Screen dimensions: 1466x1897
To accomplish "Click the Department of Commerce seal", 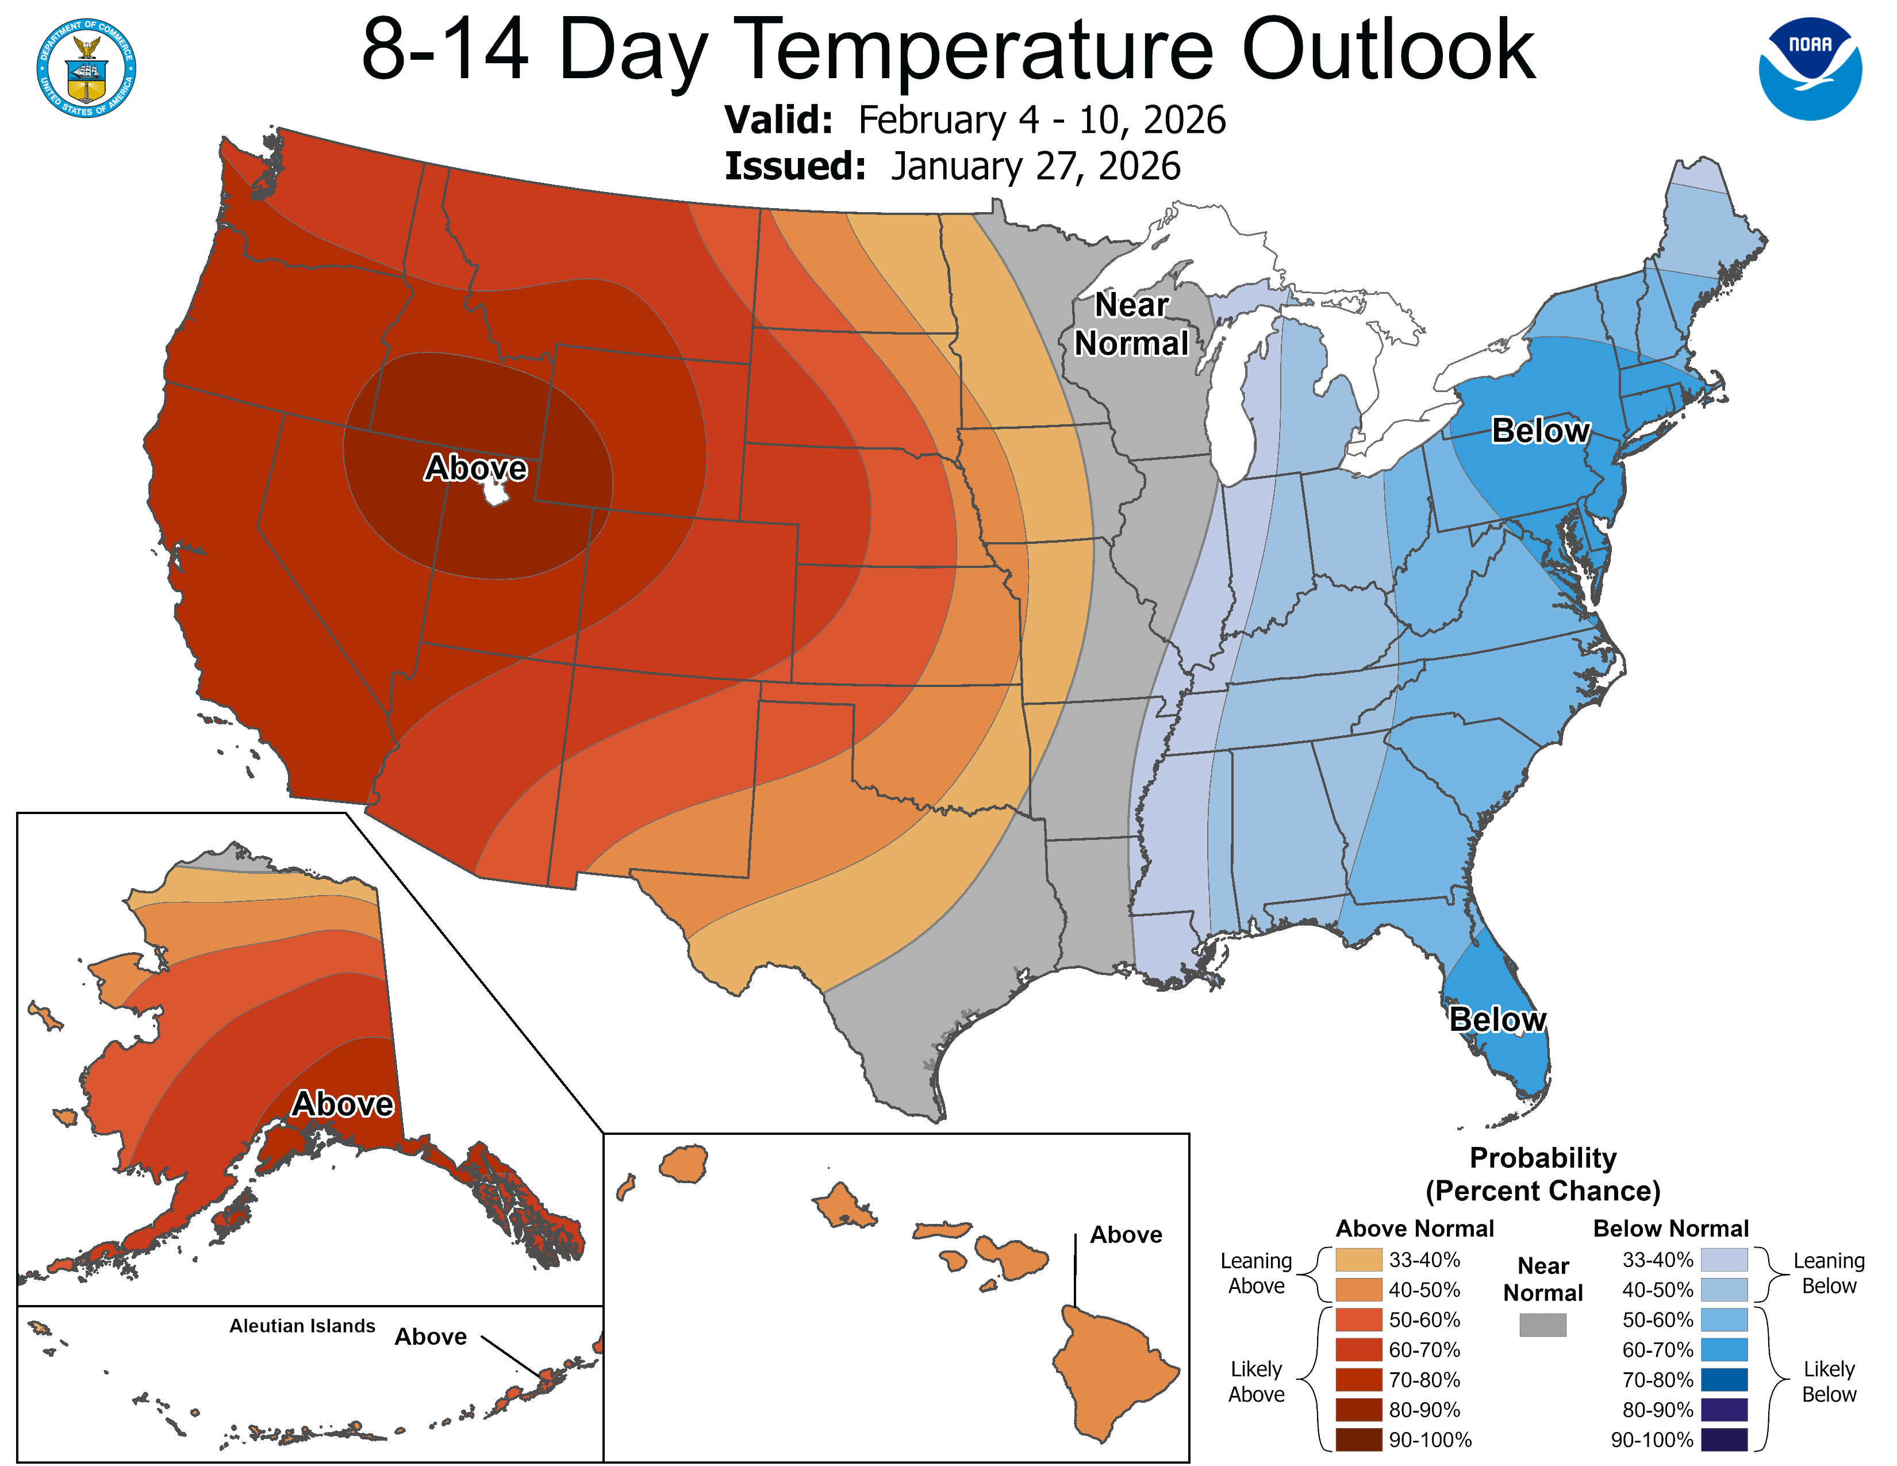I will (86, 68).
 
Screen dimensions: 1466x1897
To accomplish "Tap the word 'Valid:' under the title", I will (778, 120).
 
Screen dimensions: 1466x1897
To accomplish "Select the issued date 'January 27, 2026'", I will (1035, 167).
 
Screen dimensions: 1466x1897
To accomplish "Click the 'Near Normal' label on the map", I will (1131, 324).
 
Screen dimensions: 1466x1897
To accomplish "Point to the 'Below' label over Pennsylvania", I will (1540, 431).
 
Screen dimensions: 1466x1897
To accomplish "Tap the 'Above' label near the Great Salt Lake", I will (475, 468).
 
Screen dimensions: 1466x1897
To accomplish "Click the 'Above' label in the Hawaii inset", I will (1126, 1235).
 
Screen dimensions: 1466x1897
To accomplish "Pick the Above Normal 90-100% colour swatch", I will (1358, 1440).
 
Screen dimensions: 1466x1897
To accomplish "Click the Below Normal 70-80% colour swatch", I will (1723, 1380).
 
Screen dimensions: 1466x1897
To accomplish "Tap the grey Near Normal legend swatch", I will (1543, 1325).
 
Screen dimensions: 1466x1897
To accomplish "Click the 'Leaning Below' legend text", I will (1829, 1273).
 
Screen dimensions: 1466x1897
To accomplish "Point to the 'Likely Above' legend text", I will (1256, 1381).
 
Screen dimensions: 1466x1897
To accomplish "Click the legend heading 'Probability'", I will (1543, 1158).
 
